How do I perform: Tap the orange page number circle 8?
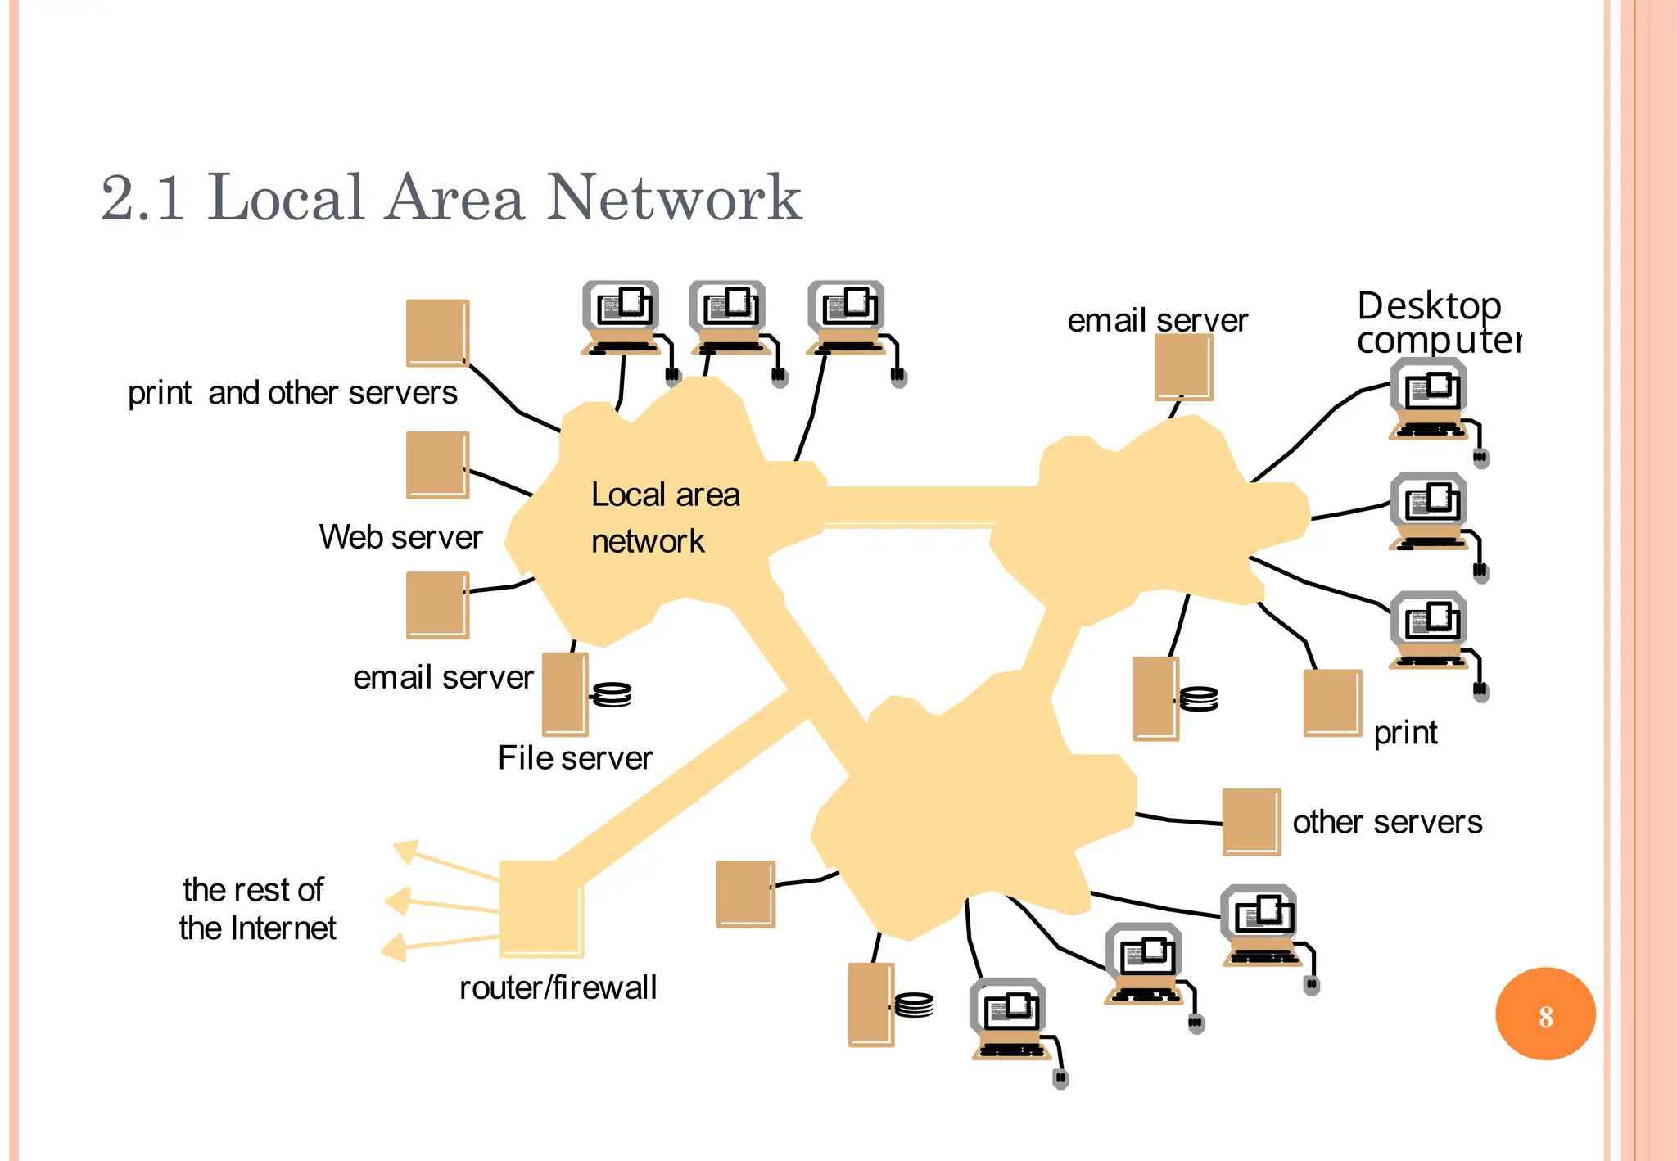(1544, 1014)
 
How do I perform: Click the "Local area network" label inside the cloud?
(664, 517)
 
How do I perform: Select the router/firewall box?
(540, 908)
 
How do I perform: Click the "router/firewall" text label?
(558, 987)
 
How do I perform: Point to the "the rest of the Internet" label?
(256, 909)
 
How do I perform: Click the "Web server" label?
(400, 537)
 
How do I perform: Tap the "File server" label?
(575, 758)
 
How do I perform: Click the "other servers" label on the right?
(1387, 822)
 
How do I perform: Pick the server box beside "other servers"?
(1250, 821)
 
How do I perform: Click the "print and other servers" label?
(292, 393)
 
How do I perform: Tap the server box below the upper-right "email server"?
(1182, 368)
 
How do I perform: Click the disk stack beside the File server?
(612, 695)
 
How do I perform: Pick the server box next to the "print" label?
(1331, 702)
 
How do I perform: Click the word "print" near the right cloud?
(1405, 733)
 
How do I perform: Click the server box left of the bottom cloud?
(744, 893)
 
